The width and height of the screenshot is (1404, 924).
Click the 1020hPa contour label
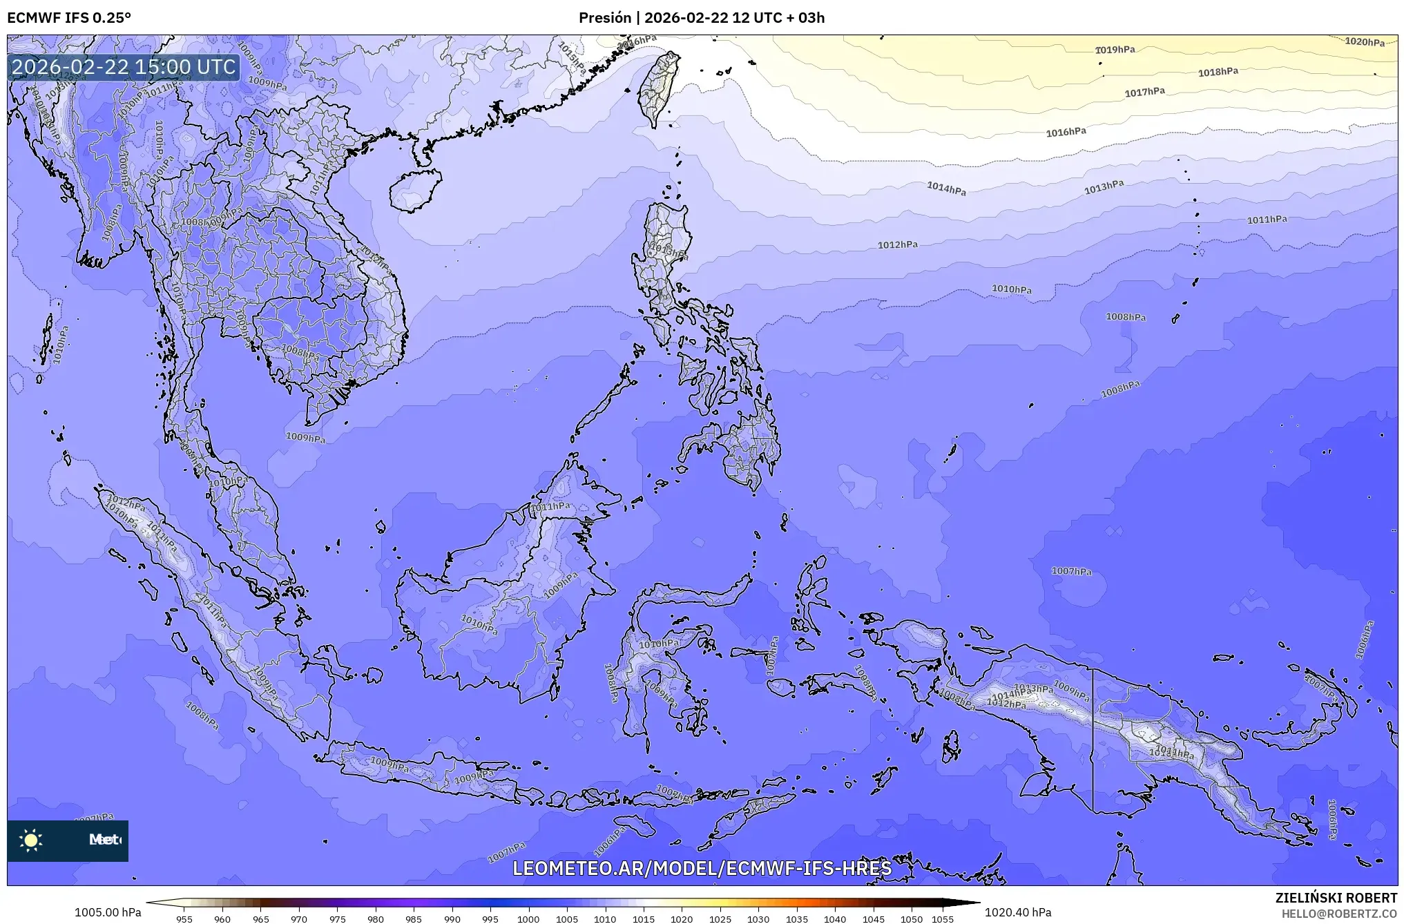[1364, 42]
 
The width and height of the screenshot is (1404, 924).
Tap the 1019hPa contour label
[1115, 50]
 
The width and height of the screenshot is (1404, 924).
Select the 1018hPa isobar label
[1218, 72]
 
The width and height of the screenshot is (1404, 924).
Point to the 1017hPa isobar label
[1144, 92]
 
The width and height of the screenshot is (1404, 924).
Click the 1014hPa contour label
[946, 188]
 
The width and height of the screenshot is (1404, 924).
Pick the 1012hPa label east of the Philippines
[897, 244]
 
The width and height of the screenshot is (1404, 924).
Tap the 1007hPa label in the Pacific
[1071, 571]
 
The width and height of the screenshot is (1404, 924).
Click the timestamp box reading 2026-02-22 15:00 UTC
[124, 67]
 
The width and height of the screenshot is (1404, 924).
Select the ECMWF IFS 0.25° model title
[69, 18]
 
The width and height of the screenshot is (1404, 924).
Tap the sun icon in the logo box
[31, 840]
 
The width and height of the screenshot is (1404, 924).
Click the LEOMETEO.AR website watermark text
[702, 868]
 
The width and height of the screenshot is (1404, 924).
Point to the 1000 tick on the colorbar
[528, 919]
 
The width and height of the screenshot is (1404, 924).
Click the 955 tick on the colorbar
[184, 919]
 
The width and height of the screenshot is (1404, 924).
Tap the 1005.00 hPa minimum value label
[108, 912]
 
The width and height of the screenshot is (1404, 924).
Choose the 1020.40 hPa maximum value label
[1018, 912]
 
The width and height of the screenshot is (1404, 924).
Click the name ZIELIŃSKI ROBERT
[1336, 898]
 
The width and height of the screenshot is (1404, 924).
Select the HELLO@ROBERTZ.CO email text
[1339, 914]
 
